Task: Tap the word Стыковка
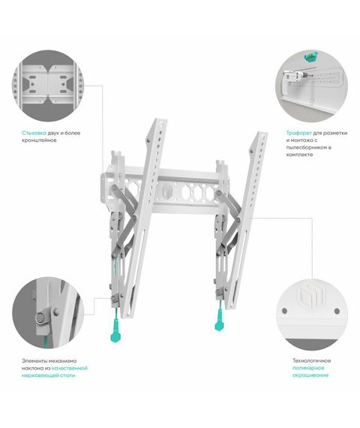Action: tap(34, 133)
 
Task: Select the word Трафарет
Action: tap(298, 133)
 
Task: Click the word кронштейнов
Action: tap(39, 140)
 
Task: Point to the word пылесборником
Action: tap(307, 147)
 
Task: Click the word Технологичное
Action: tap(312, 360)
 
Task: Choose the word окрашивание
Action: tap(310, 375)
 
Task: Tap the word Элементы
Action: tap(35, 361)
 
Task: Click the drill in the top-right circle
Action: tap(295, 78)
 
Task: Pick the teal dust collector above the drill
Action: tap(310, 56)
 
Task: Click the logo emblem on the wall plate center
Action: tap(167, 191)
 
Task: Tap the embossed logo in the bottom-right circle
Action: tap(311, 296)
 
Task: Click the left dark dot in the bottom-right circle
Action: tap(284, 311)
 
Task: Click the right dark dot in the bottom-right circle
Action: tap(337, 311)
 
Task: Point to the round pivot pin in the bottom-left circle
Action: tap(40, 318)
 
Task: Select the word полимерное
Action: tap(308, 368)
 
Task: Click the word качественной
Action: tap(70, 368)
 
